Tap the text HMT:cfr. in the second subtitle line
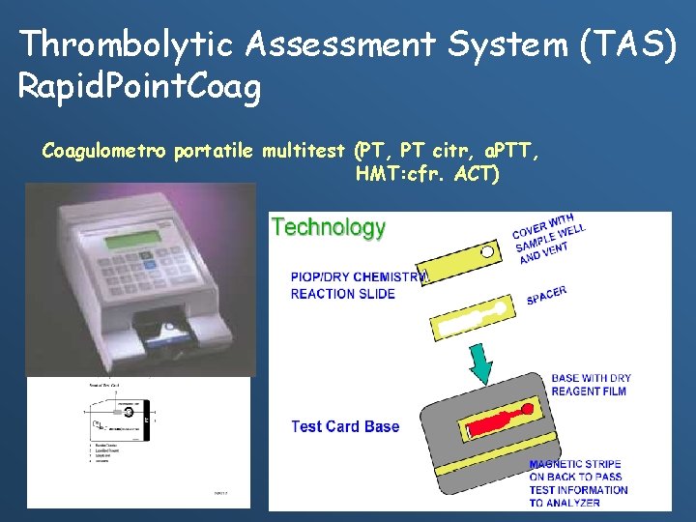click(396, 175)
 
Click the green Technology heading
click(329, 228)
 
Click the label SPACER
click(546, 296)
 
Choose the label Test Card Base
click(345, 426)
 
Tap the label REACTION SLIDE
click(342, 294)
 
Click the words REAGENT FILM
click(589, 391)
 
